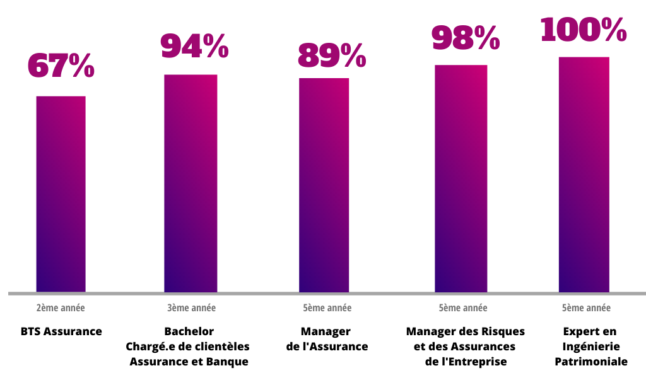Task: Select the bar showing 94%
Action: (x=191, y=183)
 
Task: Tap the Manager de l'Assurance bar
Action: (x=324, y=185)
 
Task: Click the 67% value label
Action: (x=61, y=66)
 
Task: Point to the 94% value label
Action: (x=194, y=45)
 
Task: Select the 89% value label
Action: (x=331, y=55)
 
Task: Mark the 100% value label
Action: (x=584, y=30)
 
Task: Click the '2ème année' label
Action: (x=61, y=308)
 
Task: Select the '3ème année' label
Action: (x=191, y=308)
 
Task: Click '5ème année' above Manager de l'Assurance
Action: (x=327, y=308)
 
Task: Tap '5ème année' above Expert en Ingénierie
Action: (x=586, y=308)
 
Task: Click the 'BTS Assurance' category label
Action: (x=61, y=331)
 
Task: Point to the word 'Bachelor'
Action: (x=189, y=331)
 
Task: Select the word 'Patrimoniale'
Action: (x=591, y=362)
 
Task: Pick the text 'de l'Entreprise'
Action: (x=466, y=362)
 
